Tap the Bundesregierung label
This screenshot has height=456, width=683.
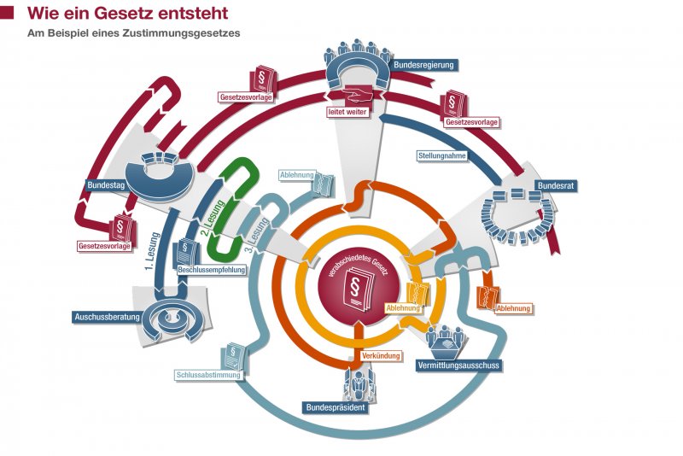point(424,64)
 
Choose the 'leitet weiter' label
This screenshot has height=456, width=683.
point(348,111)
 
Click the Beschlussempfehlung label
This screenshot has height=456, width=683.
point(212,270)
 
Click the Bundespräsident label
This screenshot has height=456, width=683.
point(336,407)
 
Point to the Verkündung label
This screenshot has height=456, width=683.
point(375,354)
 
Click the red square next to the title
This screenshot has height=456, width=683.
point(7,14)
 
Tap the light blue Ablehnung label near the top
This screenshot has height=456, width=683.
point(298,175)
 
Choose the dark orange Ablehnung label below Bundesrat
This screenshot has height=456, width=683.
point(513,308)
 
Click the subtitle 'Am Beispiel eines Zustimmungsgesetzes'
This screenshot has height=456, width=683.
point(133,34)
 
